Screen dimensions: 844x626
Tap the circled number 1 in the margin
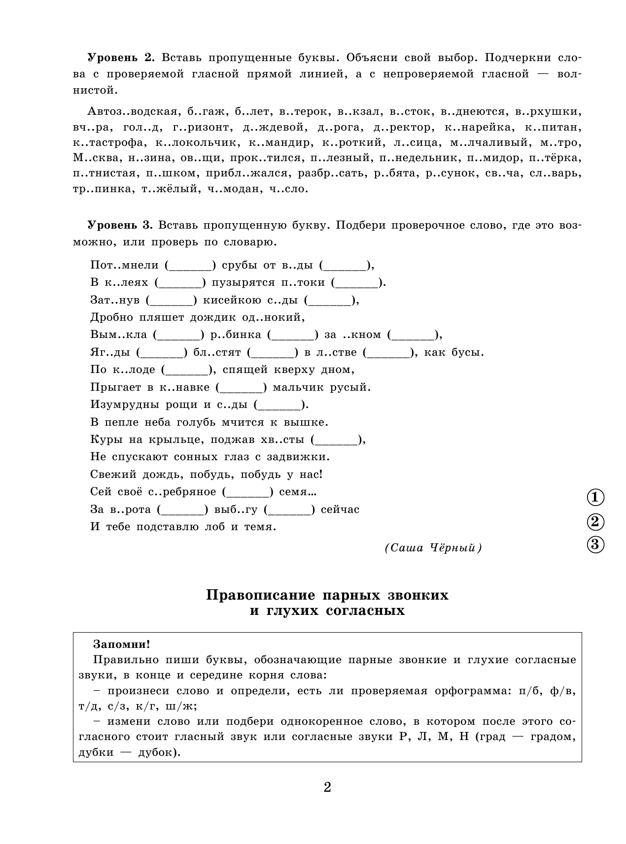point(595,498)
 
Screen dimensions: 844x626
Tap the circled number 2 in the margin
point(595,521)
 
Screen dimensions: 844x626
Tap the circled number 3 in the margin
point(595,544)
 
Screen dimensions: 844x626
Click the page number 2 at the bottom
point(327,787)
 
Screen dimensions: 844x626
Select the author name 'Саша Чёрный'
point(433,548)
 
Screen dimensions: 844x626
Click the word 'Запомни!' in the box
point(121,644)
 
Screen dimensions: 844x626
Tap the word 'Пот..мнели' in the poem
point(124,265)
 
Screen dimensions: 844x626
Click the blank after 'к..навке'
point(241,388)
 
